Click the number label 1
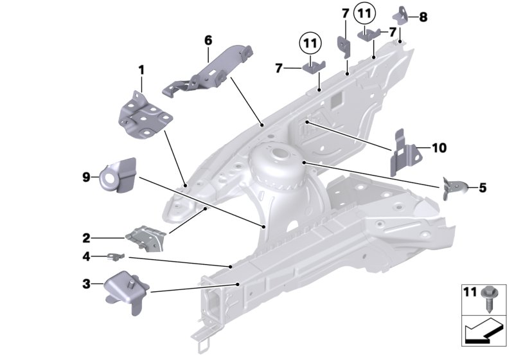142,68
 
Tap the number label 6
208,40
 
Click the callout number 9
86,175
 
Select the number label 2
86,237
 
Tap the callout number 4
86,256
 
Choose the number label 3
86,282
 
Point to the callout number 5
482,188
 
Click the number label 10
438,148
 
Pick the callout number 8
422,17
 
